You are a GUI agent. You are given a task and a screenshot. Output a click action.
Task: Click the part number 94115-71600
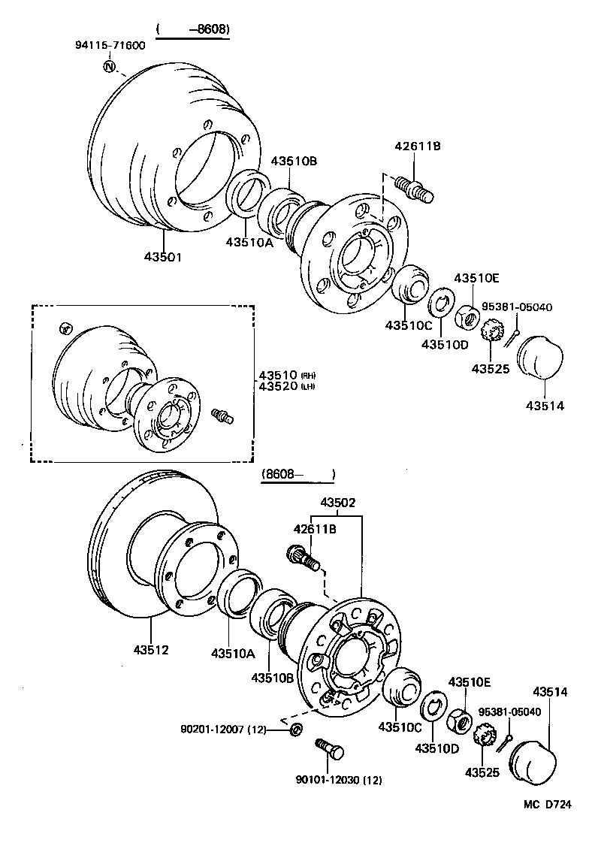click(110, 45)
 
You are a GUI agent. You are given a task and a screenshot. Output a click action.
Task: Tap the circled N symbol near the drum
click(109, 68)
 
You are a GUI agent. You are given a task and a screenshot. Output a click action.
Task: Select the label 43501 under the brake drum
click(162, 257)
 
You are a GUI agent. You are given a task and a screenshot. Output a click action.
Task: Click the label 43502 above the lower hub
click(338, 502)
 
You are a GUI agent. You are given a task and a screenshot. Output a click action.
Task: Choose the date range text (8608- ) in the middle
click(297, 475)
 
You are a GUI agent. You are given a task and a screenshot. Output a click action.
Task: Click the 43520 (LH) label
click(286, 386)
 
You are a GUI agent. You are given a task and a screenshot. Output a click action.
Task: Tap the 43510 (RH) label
click(286, 375)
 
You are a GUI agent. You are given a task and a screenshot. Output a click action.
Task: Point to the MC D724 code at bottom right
click(548, 805)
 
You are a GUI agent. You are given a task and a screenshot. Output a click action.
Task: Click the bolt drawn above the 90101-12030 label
click(329, 748)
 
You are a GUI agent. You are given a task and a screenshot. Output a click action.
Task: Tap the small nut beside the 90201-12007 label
click(296, 729)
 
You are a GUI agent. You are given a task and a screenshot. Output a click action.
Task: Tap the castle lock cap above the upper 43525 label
click(493, 331)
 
